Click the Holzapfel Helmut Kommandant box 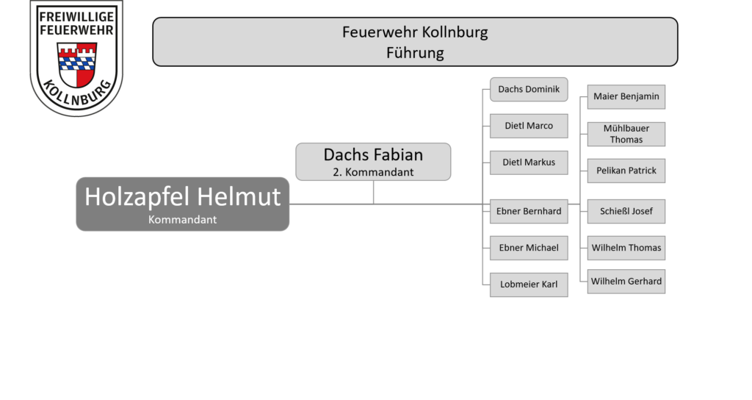182,204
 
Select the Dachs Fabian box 373,162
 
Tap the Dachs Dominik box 529,89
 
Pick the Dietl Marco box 529,126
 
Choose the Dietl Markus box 529,162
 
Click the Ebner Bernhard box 529,211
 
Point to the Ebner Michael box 529,248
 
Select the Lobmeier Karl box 529,285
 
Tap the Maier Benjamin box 626,97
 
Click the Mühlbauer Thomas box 626,134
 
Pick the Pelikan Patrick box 626,171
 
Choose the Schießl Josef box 626,211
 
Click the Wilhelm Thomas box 626,248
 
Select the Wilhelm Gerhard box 626,282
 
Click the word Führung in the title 415,53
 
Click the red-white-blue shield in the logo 76,64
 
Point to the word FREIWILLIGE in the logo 76,17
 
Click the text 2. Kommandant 373,172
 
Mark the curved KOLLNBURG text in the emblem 76,93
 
